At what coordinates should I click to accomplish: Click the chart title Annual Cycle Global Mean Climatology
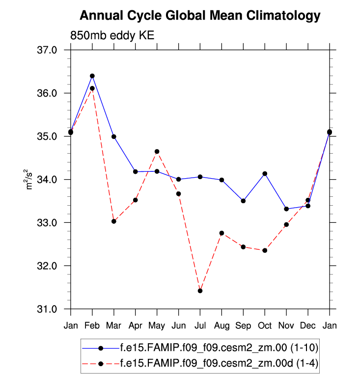pos(200,16)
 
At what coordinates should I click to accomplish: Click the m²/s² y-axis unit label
pos(30,180)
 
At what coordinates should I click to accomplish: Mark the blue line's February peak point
pos(92,76)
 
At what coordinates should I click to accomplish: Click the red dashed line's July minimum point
pos(200,291)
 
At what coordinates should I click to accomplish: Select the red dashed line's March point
pos(114,221)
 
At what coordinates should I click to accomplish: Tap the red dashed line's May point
pos(157,152)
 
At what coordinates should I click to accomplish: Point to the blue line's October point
pos(265,174)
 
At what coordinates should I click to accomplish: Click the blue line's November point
pos(286,209)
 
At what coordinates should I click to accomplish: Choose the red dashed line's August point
pos(222,233)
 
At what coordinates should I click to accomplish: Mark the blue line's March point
pos(114,136)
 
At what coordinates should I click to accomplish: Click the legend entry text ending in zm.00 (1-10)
pos(219,348)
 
